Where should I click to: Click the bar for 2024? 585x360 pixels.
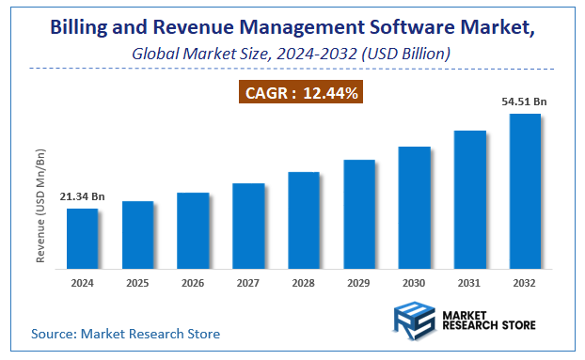pyautogui.click(x=82, y=237)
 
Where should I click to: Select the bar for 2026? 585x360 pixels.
pyautogui.click(x=193, y=229)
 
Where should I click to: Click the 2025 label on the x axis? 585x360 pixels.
pyautogui.click(x=137, y=281)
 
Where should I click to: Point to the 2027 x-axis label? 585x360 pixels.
pyautogui.click(x=248, y=281)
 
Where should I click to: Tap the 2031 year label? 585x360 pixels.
pyautogui.click(x=469, y=281)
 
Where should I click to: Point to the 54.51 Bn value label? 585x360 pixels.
pyautogui.click(x=524, y=101)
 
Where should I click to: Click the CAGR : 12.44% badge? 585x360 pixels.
pyautogui.click(x=296, y=93)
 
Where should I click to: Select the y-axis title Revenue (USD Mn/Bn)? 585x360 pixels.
pyautogui.click(x=41, y=205)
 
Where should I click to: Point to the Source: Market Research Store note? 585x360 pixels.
pyautogui.click(x=125, y=333)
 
